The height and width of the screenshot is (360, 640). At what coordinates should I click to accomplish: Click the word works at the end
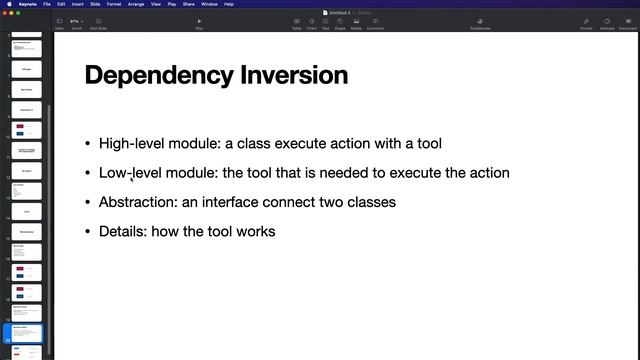(255, 232)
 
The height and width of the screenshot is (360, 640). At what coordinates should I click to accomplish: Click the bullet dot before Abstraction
(88, 203)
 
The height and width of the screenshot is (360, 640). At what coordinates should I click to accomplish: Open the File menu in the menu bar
(47, 4)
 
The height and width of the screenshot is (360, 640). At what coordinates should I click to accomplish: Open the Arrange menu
(136, 4)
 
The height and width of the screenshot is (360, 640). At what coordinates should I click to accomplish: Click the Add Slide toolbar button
(99, 23)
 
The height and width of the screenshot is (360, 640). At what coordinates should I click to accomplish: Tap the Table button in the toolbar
(296, 23)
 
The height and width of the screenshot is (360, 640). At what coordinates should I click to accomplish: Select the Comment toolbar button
(375, 23)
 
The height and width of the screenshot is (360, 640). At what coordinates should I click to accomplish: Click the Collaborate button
(480, 23)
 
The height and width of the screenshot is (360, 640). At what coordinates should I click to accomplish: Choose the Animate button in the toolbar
(607, 23)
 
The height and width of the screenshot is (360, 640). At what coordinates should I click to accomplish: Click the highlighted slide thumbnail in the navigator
(26, 333)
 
